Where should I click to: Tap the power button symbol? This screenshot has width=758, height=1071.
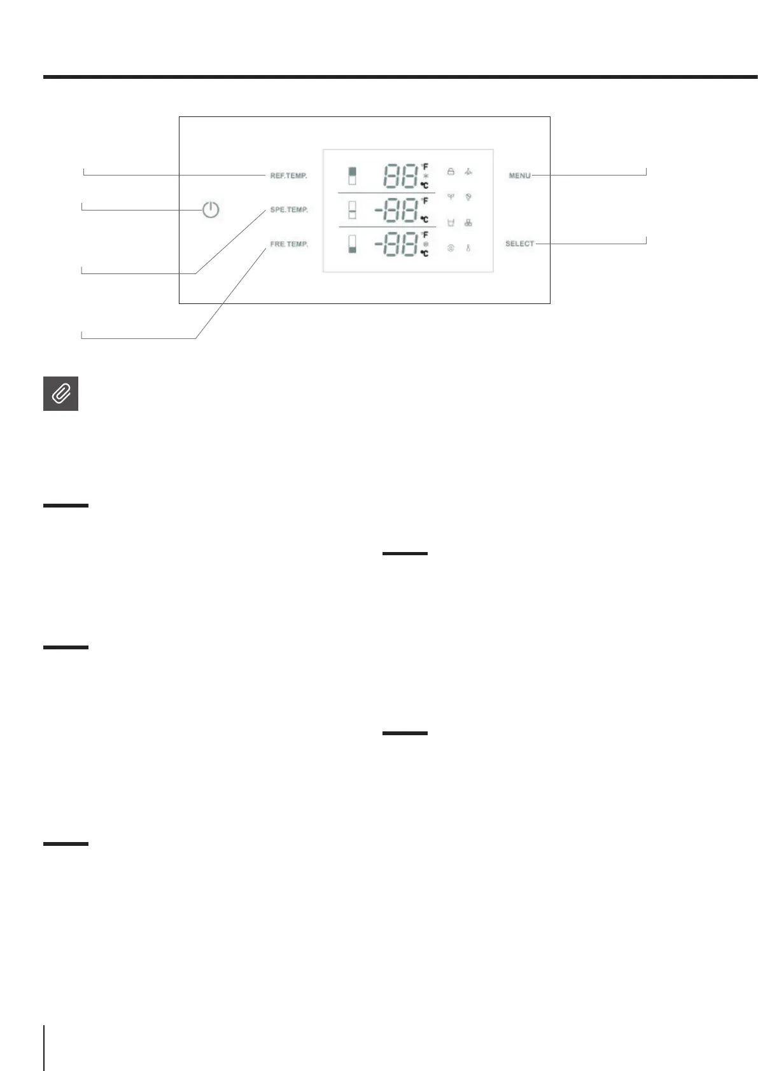[x=211, y=209]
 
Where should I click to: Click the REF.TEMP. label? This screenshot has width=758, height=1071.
[x=288, y=176]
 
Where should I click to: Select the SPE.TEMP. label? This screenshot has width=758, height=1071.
[x=288, y=210]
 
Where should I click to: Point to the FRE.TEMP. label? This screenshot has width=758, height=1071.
[x=288, y=244]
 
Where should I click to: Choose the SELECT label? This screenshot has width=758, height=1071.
[x=519, y=244]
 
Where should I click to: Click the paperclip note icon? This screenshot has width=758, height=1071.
[x=60, y=394]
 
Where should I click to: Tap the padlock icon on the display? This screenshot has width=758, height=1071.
[x=451, y=172]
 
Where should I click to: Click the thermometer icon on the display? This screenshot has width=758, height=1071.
[x=468, y=249]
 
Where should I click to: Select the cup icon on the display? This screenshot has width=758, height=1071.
[x=451, y=223]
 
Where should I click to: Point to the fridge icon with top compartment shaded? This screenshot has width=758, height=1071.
[x=352, y=176]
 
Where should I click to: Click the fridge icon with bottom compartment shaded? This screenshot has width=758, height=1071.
[x=352, y=244]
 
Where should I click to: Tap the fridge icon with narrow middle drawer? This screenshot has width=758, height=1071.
[x=352, y=210]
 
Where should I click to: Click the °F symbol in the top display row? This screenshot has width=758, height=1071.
[x=425, y=167]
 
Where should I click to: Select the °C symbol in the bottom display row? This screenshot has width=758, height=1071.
[x=425, y=253]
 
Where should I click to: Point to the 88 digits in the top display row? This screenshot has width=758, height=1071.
[x=400, y=176]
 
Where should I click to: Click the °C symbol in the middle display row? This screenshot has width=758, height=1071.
[x=425, y=219]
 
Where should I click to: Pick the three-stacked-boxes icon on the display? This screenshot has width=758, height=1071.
[x=468, y=223]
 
